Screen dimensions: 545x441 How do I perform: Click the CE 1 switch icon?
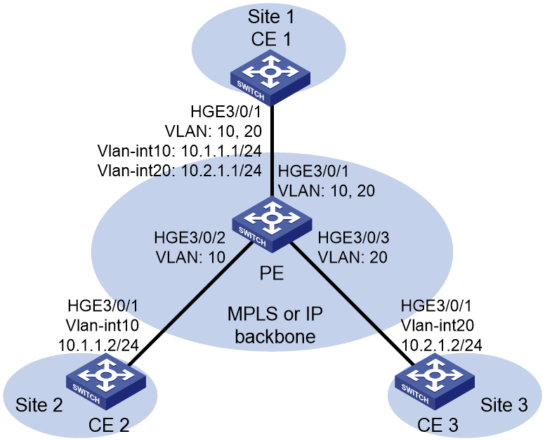tap(270, 77)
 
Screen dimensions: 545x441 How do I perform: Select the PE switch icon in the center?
tap(272, 224)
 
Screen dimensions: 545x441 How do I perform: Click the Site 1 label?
tap(271, 17)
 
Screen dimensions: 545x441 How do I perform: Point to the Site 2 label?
tap(39, 405)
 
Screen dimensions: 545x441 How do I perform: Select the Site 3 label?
tap(504, 405)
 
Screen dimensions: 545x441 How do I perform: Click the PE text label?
tap(272, 273)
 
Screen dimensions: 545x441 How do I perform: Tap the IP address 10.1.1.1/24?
tap(221, 151)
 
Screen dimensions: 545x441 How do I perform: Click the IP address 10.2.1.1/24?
tap(221, 171)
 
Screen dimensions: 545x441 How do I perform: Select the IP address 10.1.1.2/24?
tap(98, 345)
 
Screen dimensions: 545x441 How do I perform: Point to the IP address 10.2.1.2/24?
tap(442, 345)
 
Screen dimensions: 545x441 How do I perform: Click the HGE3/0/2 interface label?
tap(190, 237)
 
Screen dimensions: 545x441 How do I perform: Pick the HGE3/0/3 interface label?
tap(353, 237)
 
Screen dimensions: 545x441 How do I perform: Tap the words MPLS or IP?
tap(275, 314)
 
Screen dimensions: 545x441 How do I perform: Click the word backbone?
tap(275, 336)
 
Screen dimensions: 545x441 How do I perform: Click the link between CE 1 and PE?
tap(272, 151)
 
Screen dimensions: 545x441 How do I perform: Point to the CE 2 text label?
tap(109, 425)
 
